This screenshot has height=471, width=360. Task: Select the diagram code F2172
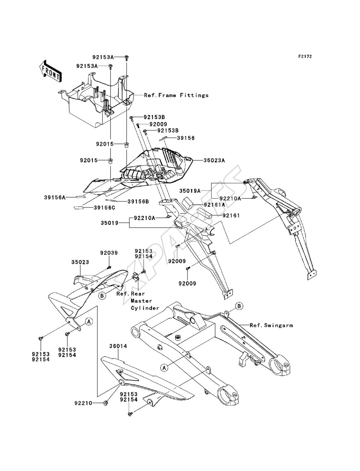pos(305,56)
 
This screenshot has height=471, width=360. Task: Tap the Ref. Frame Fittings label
pos(176,95)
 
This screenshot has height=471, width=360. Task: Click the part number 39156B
pos(138,201)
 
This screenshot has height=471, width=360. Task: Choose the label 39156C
pos(104,208)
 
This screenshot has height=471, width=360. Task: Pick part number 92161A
pos(215,205)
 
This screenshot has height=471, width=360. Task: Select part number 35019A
pos(190,191)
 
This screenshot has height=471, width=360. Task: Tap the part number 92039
pos(109,253)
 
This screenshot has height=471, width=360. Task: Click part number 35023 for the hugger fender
pos(80,262)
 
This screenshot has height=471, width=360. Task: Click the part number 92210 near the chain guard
pos(83,403)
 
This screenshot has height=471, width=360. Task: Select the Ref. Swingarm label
pos(271,325)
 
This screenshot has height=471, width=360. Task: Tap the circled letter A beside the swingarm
pos(164,368)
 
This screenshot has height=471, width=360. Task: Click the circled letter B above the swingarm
pos(239,305)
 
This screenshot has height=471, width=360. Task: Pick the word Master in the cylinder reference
pos(141,300)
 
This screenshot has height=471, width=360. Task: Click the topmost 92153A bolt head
pos(126,57)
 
